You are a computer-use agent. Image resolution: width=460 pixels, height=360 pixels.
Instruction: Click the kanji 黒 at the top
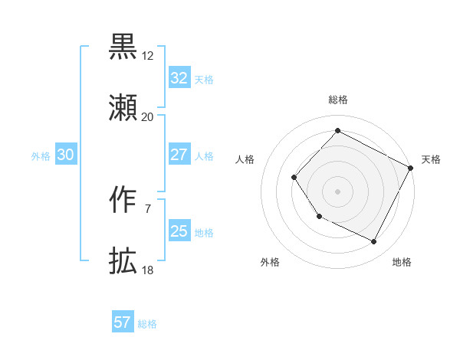click(x=123, y=47)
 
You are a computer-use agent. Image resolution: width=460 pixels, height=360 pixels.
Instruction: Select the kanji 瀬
click(x=123, y=108)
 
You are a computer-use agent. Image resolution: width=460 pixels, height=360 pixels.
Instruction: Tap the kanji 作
click(x=123, y=200)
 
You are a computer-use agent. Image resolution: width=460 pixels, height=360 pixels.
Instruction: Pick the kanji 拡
click(x=123, y=261)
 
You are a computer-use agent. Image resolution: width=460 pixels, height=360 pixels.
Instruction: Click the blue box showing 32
click(x=179, y=78)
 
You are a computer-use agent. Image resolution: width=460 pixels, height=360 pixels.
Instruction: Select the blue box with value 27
click(x=179, y=155)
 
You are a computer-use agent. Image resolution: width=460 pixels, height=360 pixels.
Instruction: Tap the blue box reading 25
click(x=179, y=231)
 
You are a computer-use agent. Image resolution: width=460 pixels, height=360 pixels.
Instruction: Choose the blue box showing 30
click(x=66, y=155)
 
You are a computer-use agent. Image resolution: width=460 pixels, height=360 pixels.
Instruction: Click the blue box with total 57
click(x=123, y=322)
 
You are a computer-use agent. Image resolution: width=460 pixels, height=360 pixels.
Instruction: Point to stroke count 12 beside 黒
click(x=147, y=56)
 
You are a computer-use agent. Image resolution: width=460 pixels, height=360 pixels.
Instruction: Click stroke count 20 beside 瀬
click(x=147, y=117)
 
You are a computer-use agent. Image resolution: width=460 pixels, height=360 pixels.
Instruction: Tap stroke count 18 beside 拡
click(x=147, y=270)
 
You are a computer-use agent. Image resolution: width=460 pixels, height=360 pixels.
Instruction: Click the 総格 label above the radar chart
click(x=337, y=100)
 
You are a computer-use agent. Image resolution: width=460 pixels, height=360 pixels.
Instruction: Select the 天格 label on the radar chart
click(x=431, y=159)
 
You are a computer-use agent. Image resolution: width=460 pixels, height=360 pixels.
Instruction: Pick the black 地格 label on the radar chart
click(x=402, y=262)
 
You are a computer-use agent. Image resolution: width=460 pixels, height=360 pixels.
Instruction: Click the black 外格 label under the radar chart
click(x=270, y=262)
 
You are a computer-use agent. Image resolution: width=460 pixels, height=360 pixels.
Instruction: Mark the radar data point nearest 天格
click(x=411, y=168)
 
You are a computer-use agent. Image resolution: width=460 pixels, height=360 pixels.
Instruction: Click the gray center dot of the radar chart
click(x=337, y=191)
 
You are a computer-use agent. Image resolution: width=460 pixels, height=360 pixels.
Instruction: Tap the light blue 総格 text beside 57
click(x=147, y=323)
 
